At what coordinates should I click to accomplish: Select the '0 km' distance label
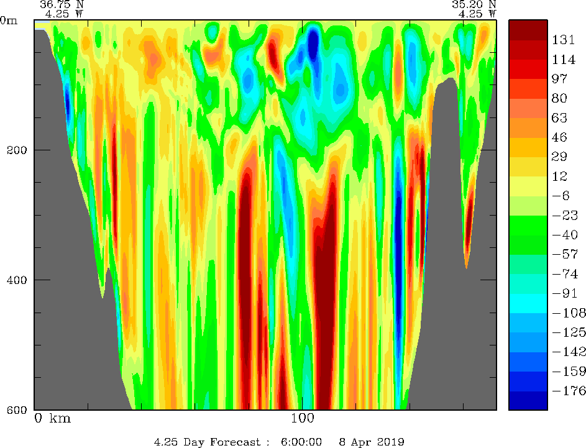tap(52, 418)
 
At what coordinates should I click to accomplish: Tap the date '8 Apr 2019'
tap(372, 442)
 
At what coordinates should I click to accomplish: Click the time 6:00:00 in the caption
tap(301, 442)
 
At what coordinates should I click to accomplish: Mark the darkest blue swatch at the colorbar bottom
tap(528, 401)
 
